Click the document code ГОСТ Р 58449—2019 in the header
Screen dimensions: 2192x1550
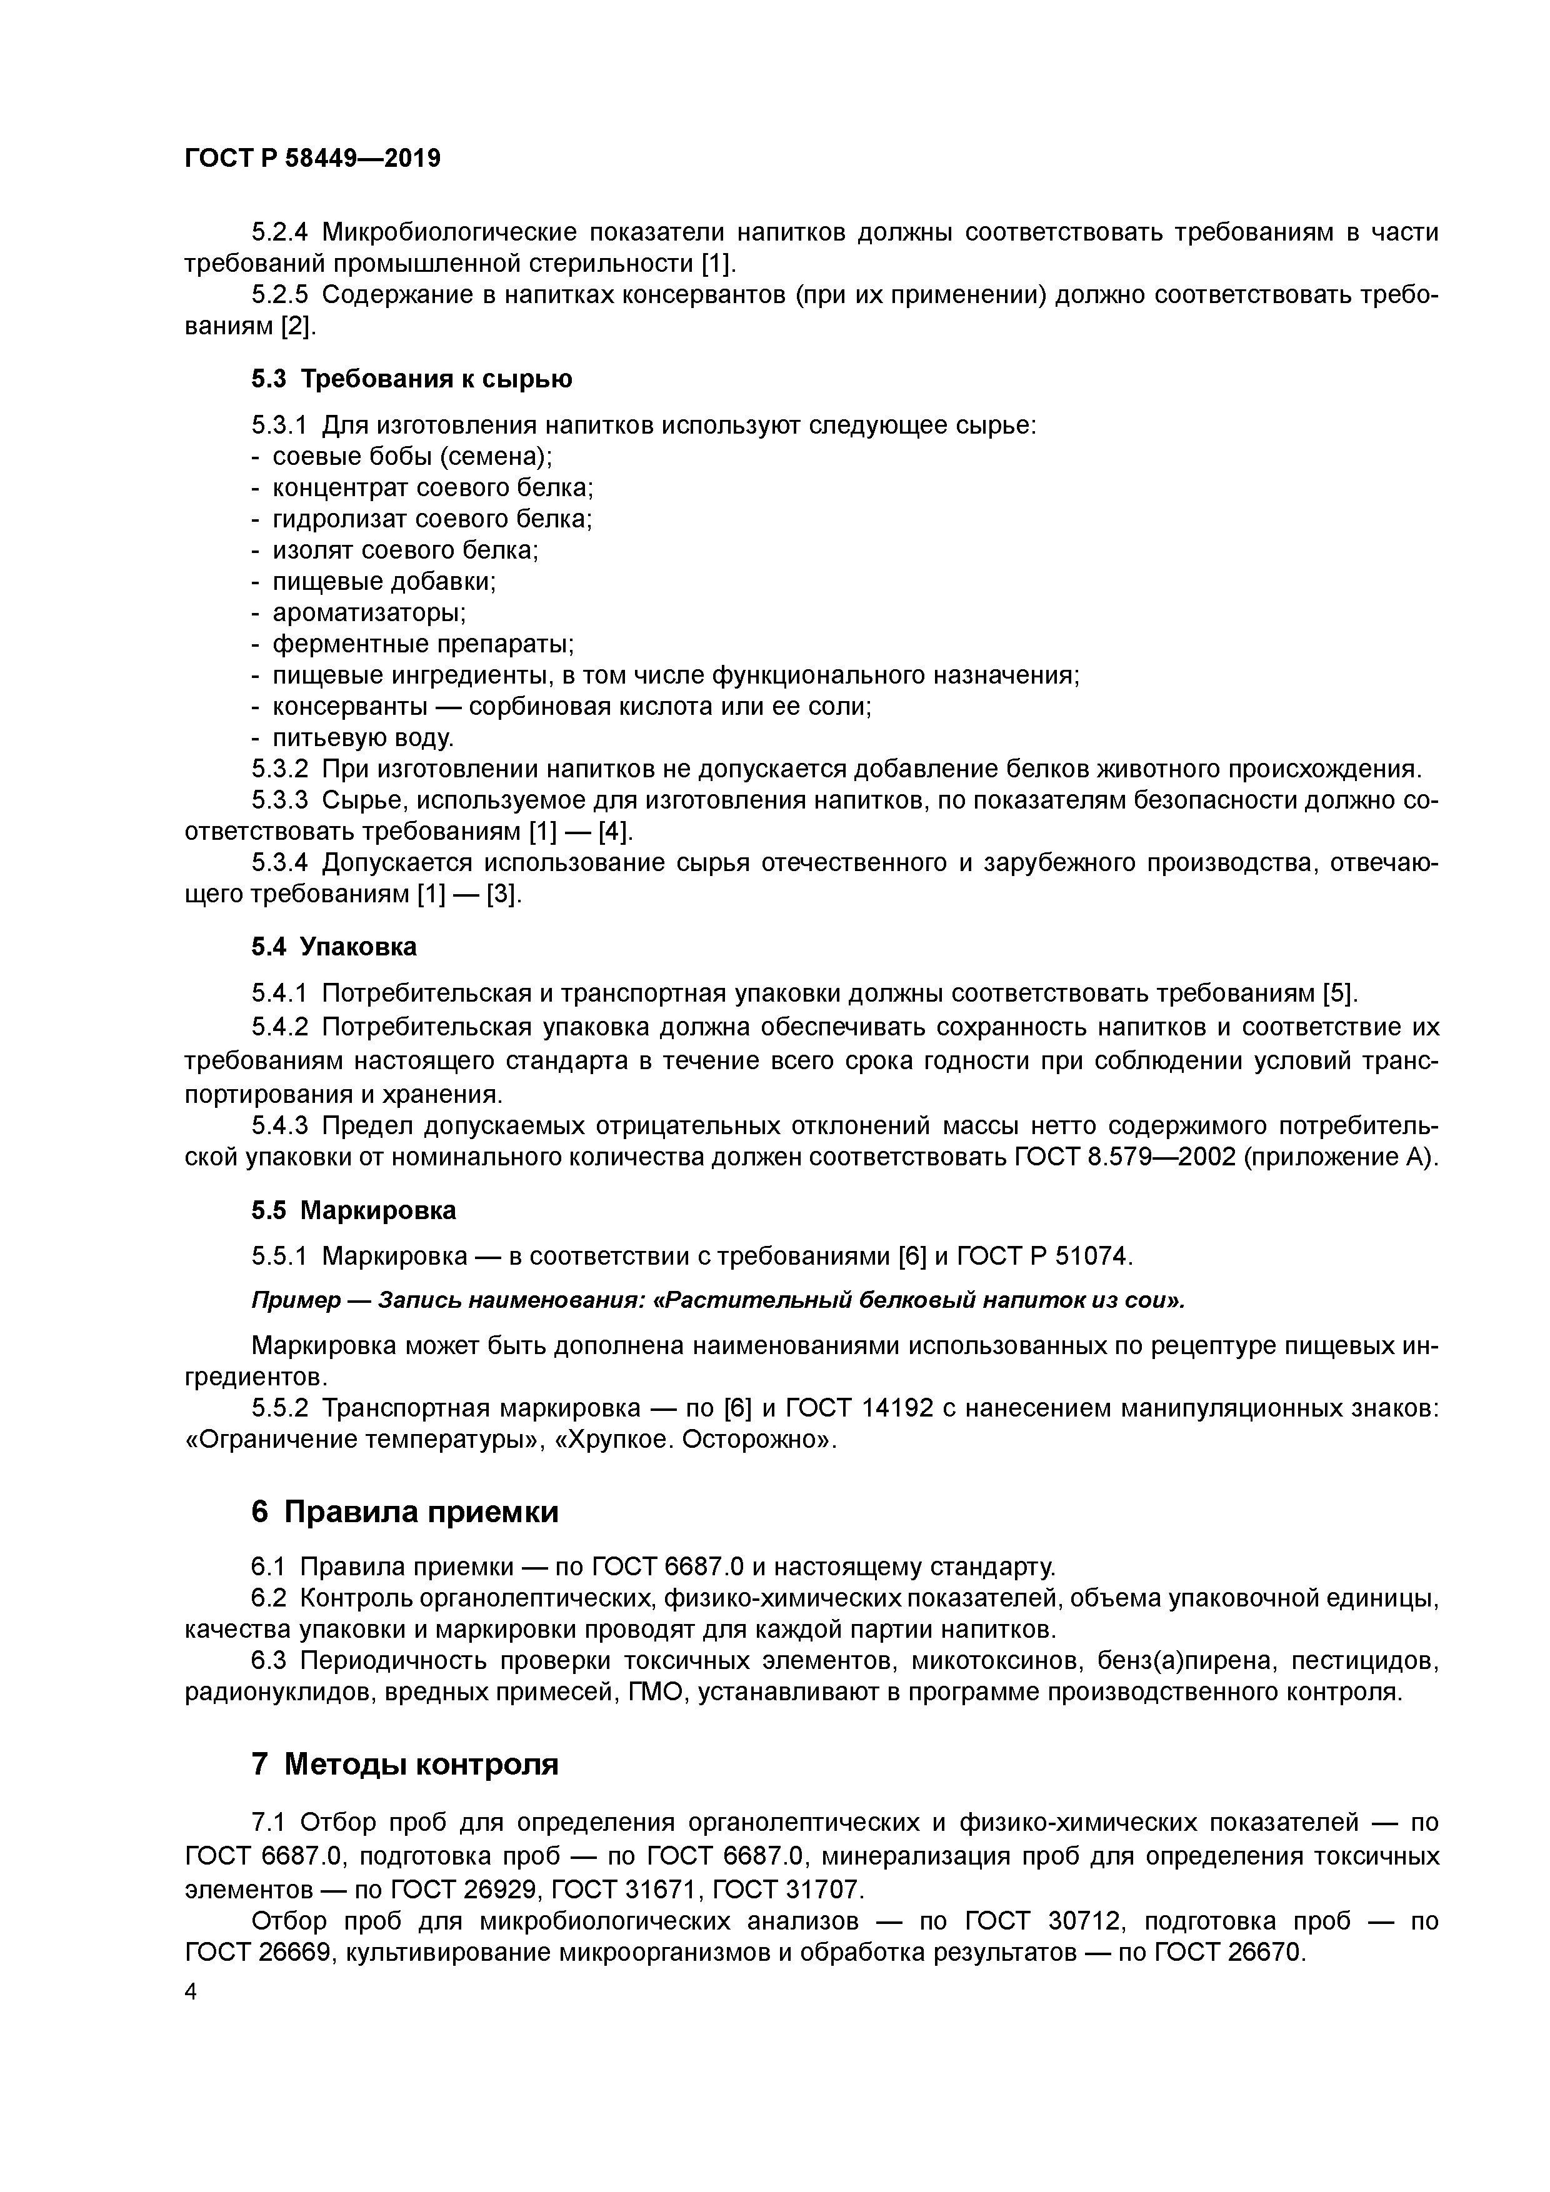[312, 159]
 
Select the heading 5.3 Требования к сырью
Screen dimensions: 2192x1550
[412, 379]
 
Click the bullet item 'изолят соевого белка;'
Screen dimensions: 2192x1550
[406, 551]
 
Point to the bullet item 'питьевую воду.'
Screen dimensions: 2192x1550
[363, 738]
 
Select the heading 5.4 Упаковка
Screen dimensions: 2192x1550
[334, 947]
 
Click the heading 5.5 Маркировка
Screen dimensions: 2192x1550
[353, 1210]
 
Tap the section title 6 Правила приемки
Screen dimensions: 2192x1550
[405, 1512]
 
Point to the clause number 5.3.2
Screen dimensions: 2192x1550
[280, 769]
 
